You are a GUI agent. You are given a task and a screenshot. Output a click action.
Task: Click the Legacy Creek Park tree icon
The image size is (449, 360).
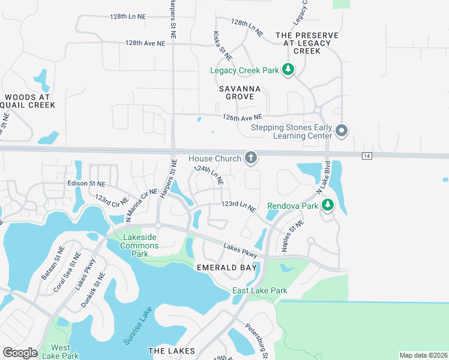point(288,70)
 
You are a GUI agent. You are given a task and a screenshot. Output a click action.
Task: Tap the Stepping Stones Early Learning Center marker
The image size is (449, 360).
point(342,130)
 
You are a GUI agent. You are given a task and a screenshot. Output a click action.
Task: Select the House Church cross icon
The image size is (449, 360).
point(250,158)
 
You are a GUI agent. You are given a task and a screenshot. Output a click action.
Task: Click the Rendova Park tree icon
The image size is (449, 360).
point(327,205)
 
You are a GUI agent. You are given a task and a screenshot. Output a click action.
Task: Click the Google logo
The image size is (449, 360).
point(19,353)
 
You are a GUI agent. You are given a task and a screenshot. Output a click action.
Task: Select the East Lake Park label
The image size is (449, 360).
point(259,291)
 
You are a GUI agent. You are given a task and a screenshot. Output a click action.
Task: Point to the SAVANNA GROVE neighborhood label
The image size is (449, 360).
point(243,92)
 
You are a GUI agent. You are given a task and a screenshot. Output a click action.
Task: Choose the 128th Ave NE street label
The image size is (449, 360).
point(145,43)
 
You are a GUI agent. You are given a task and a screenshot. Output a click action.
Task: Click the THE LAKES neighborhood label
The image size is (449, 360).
point(171,350)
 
